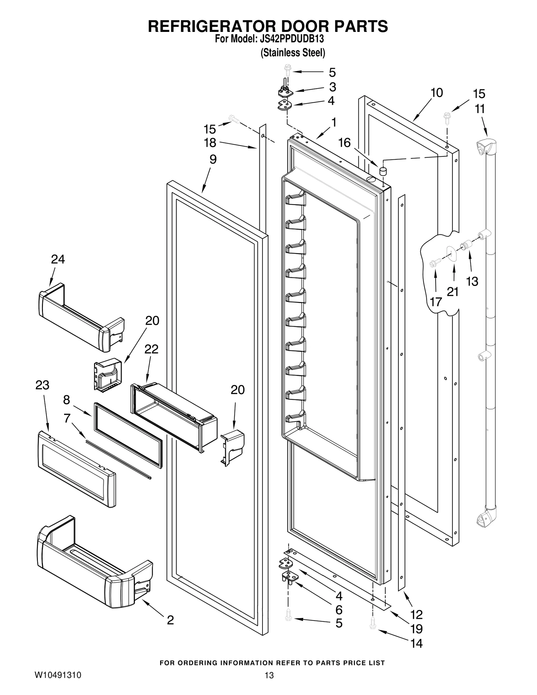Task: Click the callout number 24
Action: tap(58, 259)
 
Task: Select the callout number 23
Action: tap(42, 385)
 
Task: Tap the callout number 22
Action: tap(151, 349)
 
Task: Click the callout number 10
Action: tap(437, 93)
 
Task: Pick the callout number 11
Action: tap(480, 109)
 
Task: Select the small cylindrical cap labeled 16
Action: tap(383, 171)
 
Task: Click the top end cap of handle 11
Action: tap(486, 147)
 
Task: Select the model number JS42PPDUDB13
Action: tap(292, 39)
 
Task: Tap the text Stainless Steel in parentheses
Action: tap(293, 53)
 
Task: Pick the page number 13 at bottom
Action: tap(269, 682)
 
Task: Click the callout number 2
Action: tap(170, 620)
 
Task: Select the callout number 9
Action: tap(213, 159)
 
